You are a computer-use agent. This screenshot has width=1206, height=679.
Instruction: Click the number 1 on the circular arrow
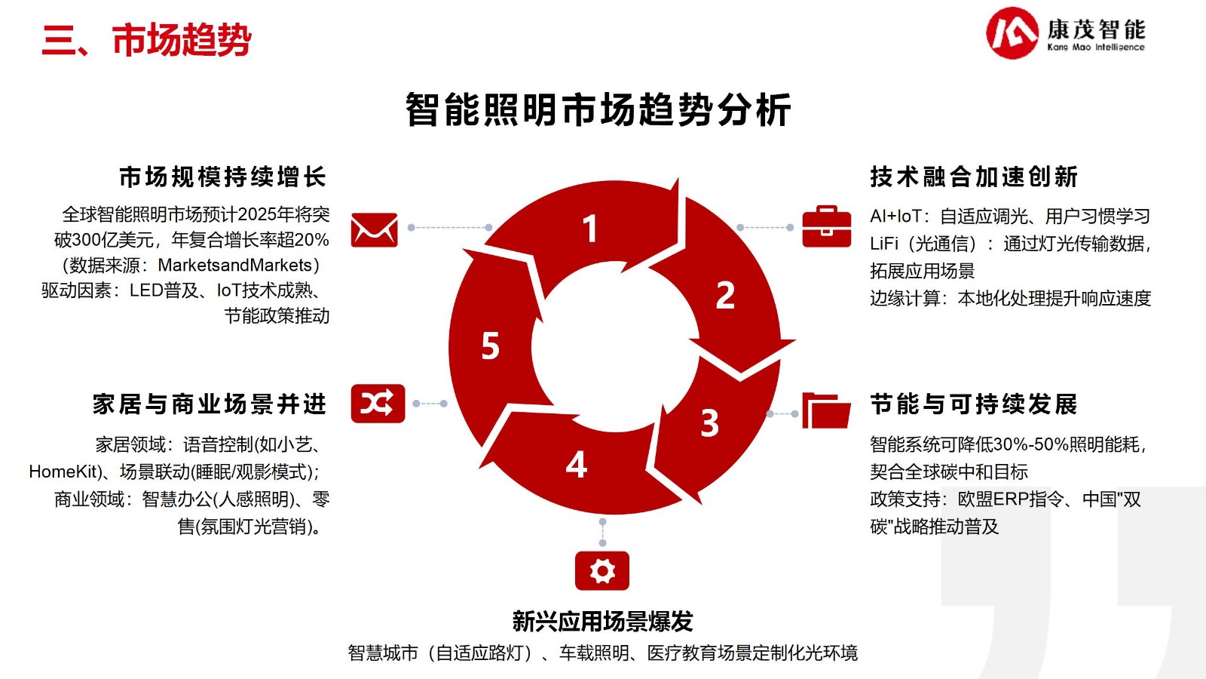coord(591,229)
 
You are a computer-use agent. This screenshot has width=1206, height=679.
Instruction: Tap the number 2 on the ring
coord(725,295)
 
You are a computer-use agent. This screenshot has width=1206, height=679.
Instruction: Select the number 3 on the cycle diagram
coord(709,423)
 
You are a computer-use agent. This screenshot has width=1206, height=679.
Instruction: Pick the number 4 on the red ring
coord(576,465)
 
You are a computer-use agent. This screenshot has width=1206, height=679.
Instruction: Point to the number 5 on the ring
coord(491,346)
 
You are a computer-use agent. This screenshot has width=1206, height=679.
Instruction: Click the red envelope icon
coord(374,230)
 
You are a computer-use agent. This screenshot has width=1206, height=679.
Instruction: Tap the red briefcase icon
coord(826,226)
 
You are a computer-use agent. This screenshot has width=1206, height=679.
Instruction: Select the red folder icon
coord(826,410)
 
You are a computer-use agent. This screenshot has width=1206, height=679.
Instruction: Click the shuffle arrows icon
coord(378,403)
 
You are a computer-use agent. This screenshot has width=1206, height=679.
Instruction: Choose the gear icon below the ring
coord(602,570)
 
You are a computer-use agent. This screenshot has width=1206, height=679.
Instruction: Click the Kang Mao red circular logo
coord(1012,33)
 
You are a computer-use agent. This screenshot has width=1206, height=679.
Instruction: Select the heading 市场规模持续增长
coord(223,177)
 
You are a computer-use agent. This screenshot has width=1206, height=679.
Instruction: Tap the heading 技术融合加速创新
coord(974,177)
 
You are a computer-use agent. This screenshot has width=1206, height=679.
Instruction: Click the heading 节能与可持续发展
coord(974,404)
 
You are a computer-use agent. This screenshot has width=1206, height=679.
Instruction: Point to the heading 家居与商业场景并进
coord(210,404)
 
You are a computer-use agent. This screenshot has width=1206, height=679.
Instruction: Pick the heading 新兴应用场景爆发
coord(602,622)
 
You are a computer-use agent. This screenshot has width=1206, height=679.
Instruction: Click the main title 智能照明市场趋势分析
coord(598,110)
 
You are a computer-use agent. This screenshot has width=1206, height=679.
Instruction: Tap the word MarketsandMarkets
coord(234,265)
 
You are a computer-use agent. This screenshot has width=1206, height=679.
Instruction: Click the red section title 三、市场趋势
coord(146,40)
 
